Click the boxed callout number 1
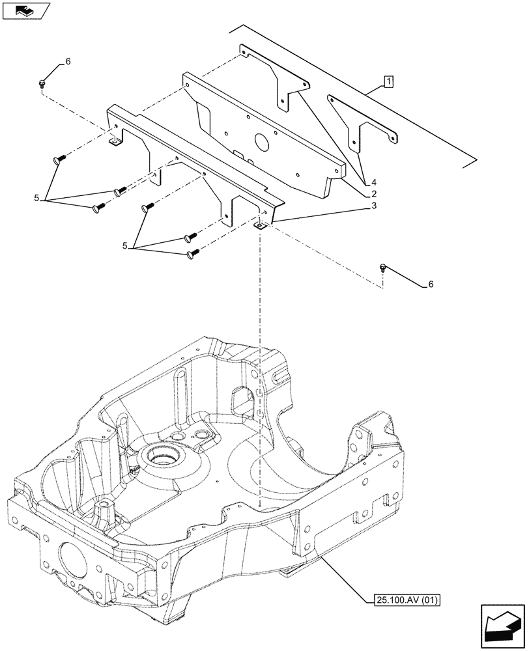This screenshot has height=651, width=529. click(388, 82)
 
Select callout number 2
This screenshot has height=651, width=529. click(374, 194)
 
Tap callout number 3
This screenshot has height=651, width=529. click(374, 206)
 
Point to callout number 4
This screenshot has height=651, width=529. click(374, 182)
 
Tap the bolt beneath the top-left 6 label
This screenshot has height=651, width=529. click(42, 83)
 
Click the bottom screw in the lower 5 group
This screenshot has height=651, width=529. click(192, 253)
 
